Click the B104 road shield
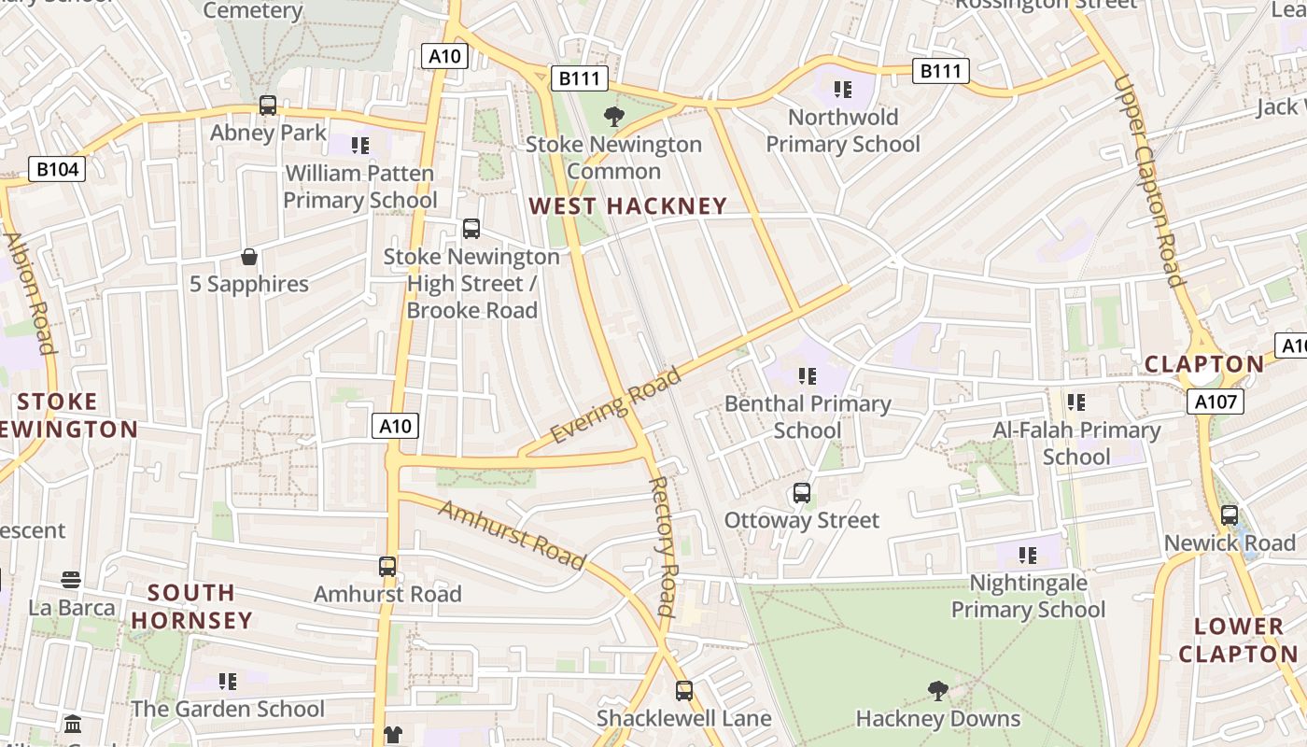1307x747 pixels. coord(58,169)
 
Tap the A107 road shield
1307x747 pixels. coord(1216,402)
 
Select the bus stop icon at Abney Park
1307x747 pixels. coord(268,106)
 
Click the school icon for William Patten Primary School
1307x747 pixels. coord(360,146)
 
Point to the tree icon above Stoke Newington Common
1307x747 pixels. coord(613,117)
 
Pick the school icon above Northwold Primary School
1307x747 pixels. coord(843,90)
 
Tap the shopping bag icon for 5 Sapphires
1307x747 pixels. coord(249,257)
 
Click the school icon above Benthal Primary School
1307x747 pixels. coord(808,376)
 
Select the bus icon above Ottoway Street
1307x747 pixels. coord(801,493)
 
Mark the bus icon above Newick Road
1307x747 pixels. coord(1230,515)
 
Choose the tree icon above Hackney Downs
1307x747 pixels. coord(938,691)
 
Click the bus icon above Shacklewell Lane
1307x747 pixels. coord(684,691)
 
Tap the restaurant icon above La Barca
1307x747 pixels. coord(71,581)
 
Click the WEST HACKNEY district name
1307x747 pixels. coord(627,206)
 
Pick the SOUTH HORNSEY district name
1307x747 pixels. coord(191,606)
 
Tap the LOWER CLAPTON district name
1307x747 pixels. coord(1238,640)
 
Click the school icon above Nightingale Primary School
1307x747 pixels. coord(1028,556)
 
